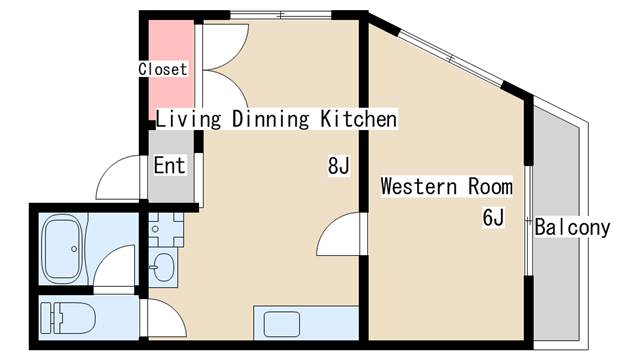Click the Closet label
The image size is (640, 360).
163,69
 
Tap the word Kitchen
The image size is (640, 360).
358,119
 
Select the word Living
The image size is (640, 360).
189,120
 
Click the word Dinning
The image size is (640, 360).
271,120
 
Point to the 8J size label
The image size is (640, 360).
339,165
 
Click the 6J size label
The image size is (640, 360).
493,217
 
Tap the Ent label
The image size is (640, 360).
169,165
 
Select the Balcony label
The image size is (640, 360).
572,227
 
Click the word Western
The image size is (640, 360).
419,187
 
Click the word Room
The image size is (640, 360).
490,187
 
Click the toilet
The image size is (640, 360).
68,318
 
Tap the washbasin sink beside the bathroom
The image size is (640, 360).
163,267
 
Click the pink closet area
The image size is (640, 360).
171,70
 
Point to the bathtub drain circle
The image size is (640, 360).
74,249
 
